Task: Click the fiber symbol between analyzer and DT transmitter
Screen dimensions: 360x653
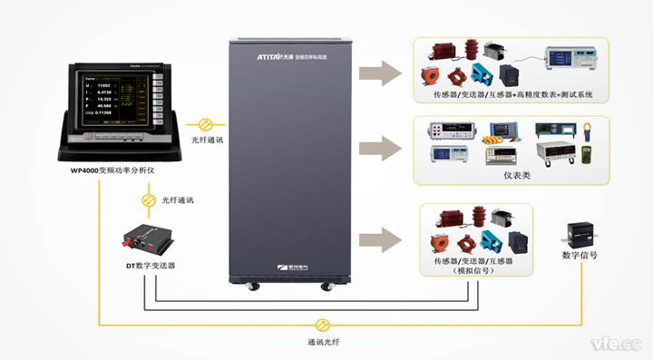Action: [148, 198]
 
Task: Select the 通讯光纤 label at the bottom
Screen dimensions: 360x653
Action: [324, 343]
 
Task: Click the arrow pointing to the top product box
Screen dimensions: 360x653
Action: [378, 73]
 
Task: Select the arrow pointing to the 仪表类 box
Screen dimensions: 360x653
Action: [378, 149]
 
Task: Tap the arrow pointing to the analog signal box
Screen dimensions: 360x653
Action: [378, 239]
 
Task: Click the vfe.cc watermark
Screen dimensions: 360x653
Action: [617, 345]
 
